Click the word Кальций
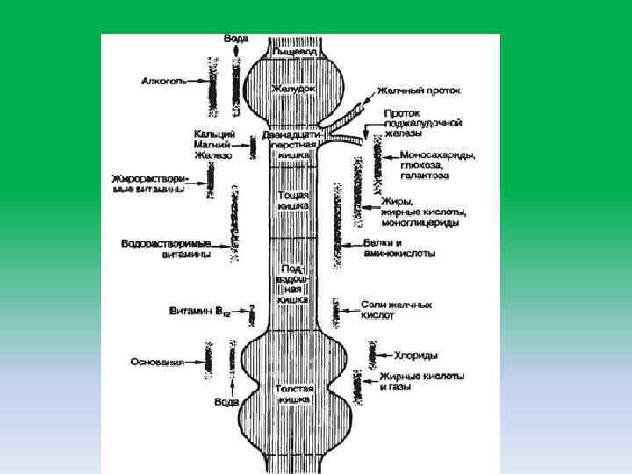213,133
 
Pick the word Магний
212,144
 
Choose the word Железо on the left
213,154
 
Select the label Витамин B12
197,312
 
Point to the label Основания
158,362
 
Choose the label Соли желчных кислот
396,310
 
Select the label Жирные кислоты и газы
421,381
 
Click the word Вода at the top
235,39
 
